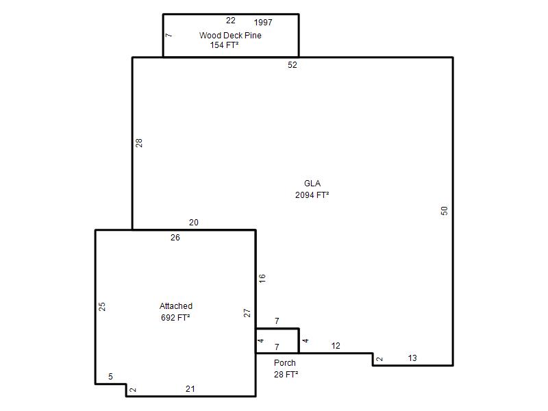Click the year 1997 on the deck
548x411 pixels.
click(x=263, y=23)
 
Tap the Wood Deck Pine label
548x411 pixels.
click(x=230, y=36)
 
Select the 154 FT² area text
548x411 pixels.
click(x=225, y=45)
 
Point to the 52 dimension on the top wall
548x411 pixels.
click(x=292, y=65)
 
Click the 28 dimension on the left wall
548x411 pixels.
click(x=139, y=143)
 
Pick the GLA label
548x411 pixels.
click(x=312, y=184)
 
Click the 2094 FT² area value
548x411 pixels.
click(x=312, y=195)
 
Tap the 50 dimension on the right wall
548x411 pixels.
click(x=444, y=211)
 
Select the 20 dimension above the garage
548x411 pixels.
click(x=194, y=222)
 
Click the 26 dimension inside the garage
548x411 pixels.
click(x=175, y=238)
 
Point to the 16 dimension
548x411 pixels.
click(x=262, y=278)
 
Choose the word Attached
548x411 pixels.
click(x=176, y=306)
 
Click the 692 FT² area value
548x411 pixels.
click(x=175, y=318)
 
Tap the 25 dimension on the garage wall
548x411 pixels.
click(x=101, y=307)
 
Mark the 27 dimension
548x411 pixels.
click(x=247, y=313)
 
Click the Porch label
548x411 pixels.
click(x=284, y=363)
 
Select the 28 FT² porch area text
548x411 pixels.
click(x=286, y=375)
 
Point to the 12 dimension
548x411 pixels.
click(x=336, y=346)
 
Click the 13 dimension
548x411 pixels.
click(x=412, y=358)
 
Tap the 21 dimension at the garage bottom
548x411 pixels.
click(x=190, y=389)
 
